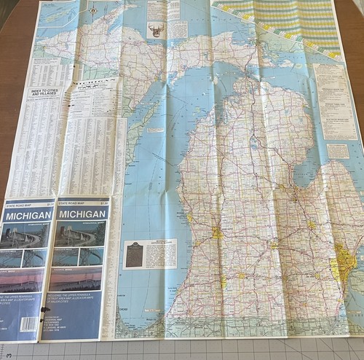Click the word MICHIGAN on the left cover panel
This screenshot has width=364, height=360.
[28, 215]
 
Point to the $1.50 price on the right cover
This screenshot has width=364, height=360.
[103, 202]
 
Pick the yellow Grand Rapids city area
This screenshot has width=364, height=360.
[218, 232]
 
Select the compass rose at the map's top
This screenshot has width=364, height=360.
[92, 10]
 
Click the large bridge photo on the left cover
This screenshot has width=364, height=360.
[27, 235]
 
